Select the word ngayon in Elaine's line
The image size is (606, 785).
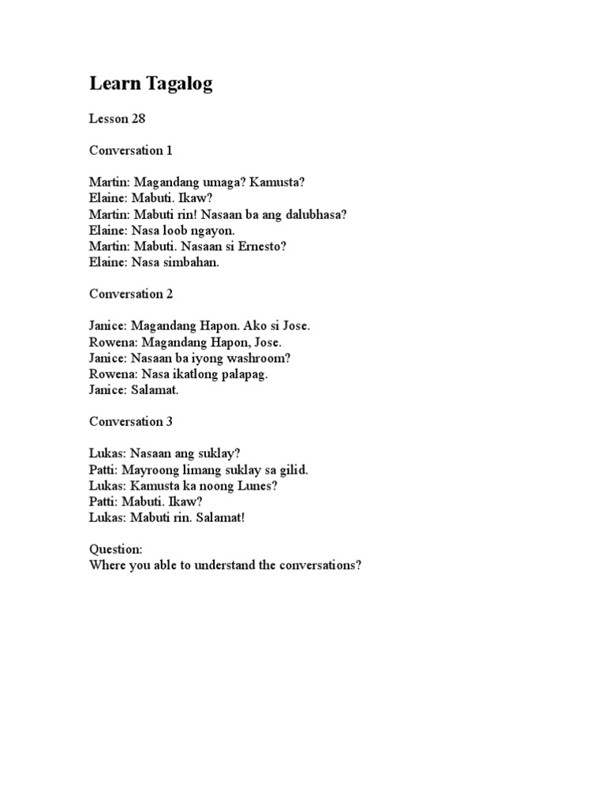tap(213, 231)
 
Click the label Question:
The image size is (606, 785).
tap(115, 550)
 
